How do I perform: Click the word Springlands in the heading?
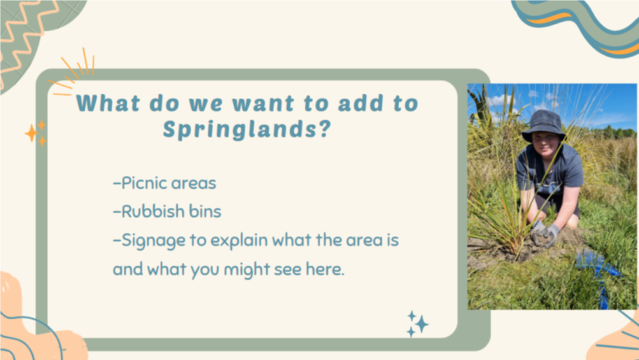[x=240, y=129]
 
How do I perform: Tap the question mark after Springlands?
[x=324, y=128]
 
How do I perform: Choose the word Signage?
[x=154, y=241]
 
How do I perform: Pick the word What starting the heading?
[x=108, y=103]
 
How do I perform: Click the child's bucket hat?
[x=543, y=125]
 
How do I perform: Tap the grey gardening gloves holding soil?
[x=545, y=234]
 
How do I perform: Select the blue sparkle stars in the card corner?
[x=418, y=324]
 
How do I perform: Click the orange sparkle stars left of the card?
[x=36, y=133]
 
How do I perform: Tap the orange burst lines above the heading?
[x=73, y=72]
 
